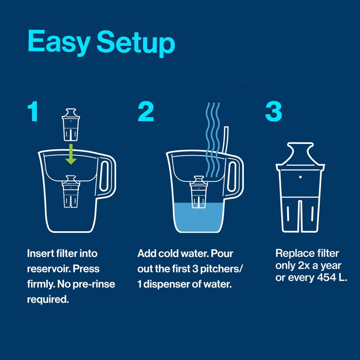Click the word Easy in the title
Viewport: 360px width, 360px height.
60,43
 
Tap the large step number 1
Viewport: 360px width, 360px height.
32,112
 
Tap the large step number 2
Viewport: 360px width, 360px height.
146,112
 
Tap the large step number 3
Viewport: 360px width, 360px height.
274,112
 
